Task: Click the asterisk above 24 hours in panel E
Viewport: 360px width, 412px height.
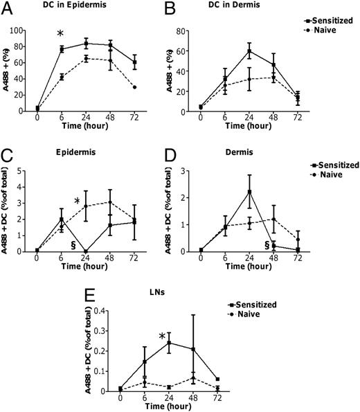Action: (x=163, y=337)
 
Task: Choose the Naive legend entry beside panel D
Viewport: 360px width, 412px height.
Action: (x=330, y=176)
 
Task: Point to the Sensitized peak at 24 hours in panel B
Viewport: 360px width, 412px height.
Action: (x=249, y=51)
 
